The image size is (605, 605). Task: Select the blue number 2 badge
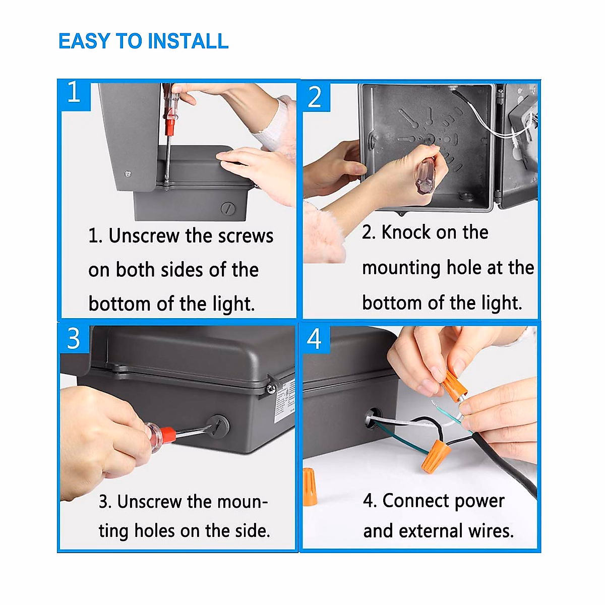tap(315, 97)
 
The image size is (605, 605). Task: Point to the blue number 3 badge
tap(74, 339)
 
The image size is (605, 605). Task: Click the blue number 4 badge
tap(315, 339)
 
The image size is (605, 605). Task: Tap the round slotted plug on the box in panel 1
tap(228, 208)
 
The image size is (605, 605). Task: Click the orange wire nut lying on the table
tap(310, 486)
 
